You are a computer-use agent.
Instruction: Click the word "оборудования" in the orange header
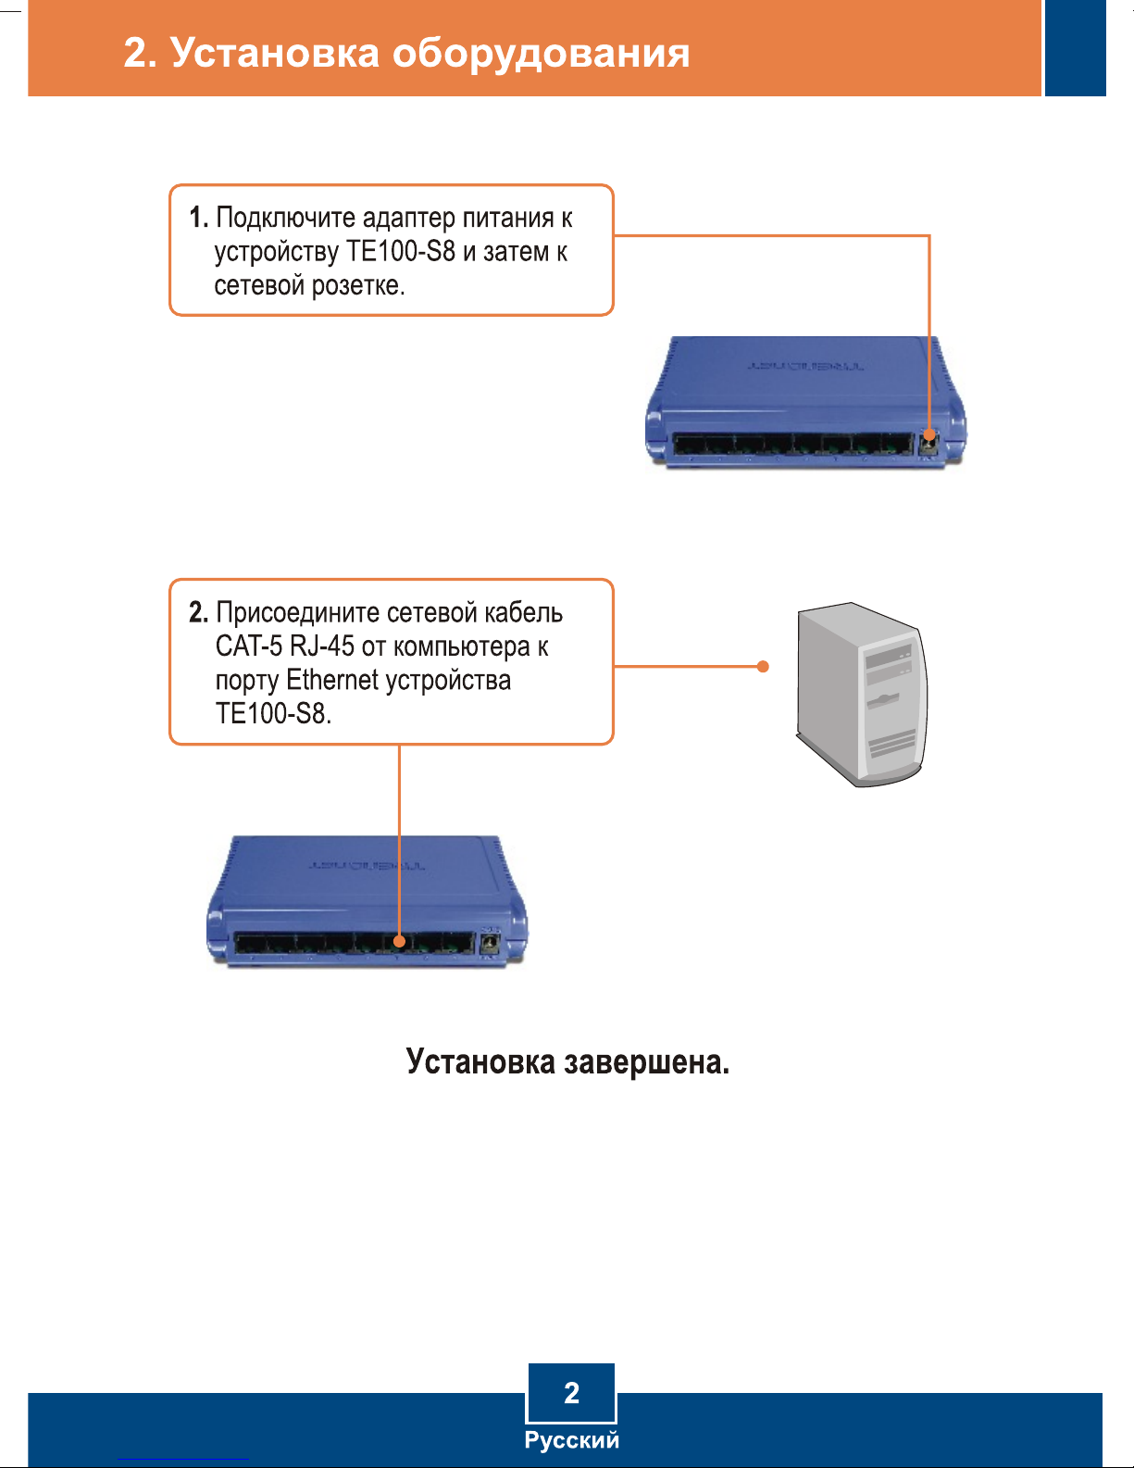point(541,54)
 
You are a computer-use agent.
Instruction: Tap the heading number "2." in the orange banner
point(141,53)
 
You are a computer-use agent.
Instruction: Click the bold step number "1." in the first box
point(198,218)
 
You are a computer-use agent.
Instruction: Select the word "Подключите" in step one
point(285,219)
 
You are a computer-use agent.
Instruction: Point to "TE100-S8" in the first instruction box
point(401,251)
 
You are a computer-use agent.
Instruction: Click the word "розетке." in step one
point(357,286)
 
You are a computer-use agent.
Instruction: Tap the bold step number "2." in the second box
point(198,612)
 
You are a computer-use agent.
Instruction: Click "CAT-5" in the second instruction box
point(248,646)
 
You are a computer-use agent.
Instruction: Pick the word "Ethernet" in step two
point(332,680)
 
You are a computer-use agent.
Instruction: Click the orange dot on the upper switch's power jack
point(928,435)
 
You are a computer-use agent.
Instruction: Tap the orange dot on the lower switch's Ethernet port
point(399,941)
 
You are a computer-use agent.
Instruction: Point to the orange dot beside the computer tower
point(763,667)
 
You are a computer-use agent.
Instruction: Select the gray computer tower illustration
point(862,695)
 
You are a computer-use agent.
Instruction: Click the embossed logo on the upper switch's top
point(804,366)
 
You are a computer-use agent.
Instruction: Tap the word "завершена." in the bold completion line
point(647,1062)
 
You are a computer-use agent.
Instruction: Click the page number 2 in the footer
point(571,1393)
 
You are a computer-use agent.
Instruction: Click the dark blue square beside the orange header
point(1076,48)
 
